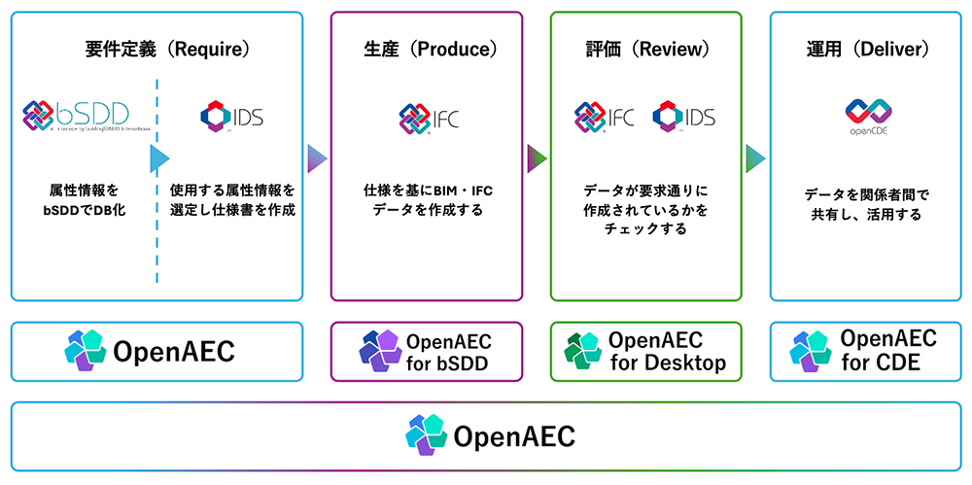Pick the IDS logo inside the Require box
[231, 117]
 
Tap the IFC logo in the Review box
[604, 118]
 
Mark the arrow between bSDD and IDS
[159, 159]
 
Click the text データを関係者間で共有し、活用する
[868, 204]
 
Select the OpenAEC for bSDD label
[448, 353]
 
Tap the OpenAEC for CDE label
[887, 350]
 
